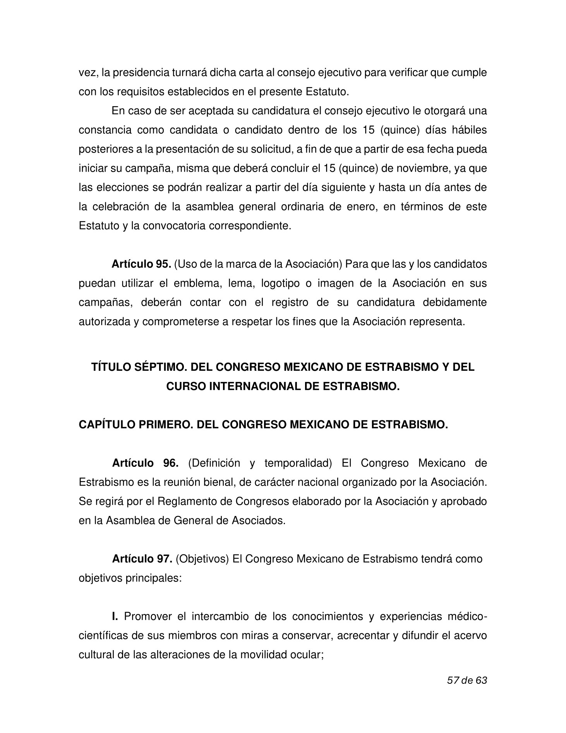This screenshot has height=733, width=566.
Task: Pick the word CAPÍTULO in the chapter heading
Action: coord(103,425)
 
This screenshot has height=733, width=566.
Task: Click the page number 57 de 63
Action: coord(467,680)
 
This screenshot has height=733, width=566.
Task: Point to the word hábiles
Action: coord(469,130)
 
